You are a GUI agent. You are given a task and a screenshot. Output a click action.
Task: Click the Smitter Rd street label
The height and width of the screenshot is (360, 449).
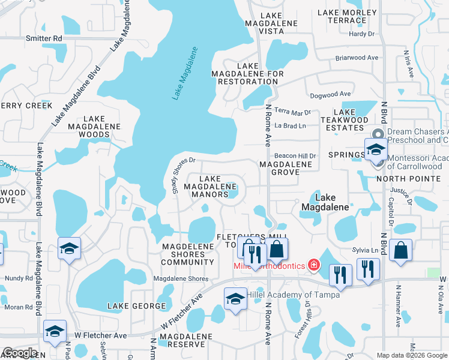[44, 38]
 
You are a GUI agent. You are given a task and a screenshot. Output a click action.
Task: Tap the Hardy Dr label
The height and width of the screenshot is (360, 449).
[361, 34]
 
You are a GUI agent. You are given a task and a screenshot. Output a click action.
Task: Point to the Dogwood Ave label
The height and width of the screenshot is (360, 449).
[330, 94]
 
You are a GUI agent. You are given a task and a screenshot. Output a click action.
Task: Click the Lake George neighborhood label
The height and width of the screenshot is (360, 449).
[136, 306]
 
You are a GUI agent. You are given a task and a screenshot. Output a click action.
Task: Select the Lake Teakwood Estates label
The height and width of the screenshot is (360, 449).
[345, 120]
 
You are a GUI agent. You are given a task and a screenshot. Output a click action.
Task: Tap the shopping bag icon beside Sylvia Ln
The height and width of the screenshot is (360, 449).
[400, 251]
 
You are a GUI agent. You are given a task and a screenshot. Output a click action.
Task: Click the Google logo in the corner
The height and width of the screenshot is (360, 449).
[20, 353]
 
